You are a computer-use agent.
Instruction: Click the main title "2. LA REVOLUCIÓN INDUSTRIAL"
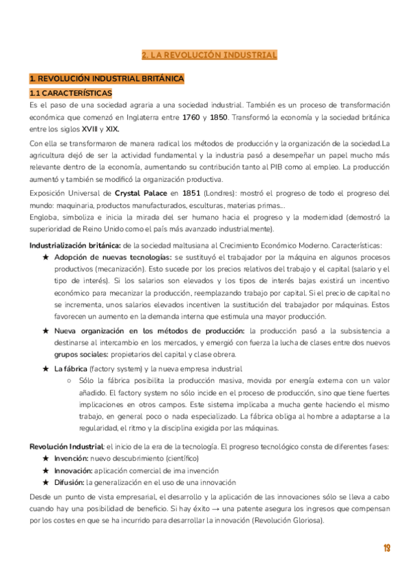pos(209,55)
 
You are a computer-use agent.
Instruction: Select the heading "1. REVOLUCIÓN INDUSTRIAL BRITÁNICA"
pos(107,79)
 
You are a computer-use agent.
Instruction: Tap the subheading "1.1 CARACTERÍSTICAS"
pos(71,92)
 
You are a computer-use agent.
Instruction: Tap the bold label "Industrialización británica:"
pos(75,246)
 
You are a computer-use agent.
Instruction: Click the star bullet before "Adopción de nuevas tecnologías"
pos(46,257)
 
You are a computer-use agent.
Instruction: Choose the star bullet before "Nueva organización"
pos(46,331)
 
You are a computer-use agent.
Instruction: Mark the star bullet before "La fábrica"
pos(46,369)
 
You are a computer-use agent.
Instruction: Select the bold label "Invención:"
pos(71,458)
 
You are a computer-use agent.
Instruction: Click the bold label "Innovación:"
pos(73,470)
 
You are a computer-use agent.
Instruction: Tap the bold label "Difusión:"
pos(69,482)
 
